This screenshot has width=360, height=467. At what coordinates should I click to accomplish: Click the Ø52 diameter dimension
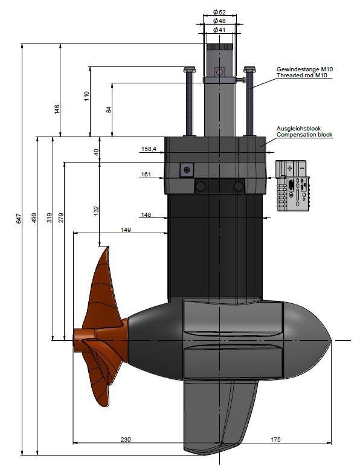[219, 12]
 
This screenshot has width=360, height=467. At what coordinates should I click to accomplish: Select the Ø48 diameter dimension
[219, 21]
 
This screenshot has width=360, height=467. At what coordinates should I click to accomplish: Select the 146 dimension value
[57, 109]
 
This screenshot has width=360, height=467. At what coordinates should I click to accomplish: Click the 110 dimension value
[86, 95]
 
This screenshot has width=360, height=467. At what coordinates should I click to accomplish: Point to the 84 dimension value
[109, 109]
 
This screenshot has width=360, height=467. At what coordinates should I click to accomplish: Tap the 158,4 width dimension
[149, 149]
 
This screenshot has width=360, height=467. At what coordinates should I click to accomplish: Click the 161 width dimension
[146, 174]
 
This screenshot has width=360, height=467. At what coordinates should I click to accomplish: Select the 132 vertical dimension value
[96, 209]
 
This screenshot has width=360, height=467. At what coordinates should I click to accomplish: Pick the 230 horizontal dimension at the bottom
[126, 439]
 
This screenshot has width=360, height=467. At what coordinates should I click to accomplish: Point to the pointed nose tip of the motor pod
[330, 341]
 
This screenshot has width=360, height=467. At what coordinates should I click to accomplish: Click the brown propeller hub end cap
[78, 338]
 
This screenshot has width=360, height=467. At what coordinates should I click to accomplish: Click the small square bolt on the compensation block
[186, 170]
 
